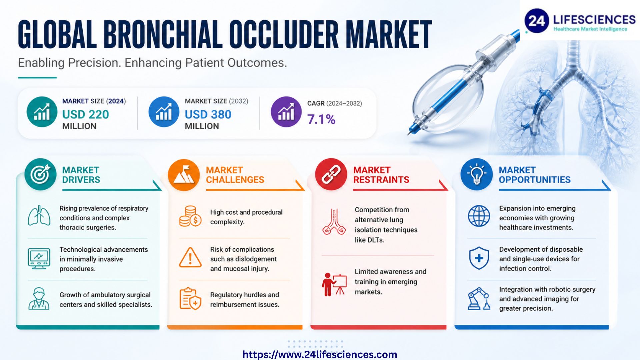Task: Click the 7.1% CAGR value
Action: tap(321, 119)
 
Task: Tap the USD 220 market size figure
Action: tap(86, 114)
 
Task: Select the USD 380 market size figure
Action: tap(208, 114)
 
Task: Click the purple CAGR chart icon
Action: tap(286, 112)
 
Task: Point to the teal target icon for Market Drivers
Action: tap(40, 174)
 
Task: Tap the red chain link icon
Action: tap(331, 174)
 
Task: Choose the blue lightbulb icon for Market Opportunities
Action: tap(477, 174)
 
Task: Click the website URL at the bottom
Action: tap(320, 354)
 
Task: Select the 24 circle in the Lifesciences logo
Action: tap(537, 21)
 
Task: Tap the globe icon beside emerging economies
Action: tap(479, 216)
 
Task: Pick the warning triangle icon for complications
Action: tap(190, 258)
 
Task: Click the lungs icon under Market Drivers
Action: tap(39, 216)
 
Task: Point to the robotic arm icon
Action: tap(479, 299)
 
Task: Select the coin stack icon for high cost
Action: tap(190, 216)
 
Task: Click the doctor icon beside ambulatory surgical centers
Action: tap(39, 298)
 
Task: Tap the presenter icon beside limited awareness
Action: tap(334, 285)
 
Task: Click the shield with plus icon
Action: tap(479, 258)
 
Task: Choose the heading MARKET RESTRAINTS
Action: tap(381, 175)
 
